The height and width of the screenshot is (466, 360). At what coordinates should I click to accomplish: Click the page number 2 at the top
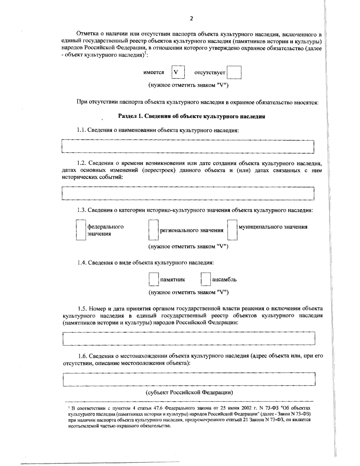tap(191, 19)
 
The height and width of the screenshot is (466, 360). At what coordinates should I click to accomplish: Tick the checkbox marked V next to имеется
tap(178, 72)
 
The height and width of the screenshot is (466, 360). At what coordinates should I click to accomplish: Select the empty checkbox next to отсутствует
tap(234, 73)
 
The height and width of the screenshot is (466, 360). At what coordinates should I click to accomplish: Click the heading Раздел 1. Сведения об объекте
tap(191, 117)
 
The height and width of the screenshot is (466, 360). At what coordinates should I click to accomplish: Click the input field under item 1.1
tap(187, 147)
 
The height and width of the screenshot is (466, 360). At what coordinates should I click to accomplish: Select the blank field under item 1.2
tap(187, 193)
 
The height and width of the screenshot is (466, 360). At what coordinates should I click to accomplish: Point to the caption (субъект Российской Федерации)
tap(189, 392)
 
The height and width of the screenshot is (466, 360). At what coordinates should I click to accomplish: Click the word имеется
tap(154, 73)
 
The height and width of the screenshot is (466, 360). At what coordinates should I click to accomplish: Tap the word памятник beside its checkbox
tap(173, 280)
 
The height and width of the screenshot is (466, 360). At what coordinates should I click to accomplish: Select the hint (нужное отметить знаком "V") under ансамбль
tap(188, 292)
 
